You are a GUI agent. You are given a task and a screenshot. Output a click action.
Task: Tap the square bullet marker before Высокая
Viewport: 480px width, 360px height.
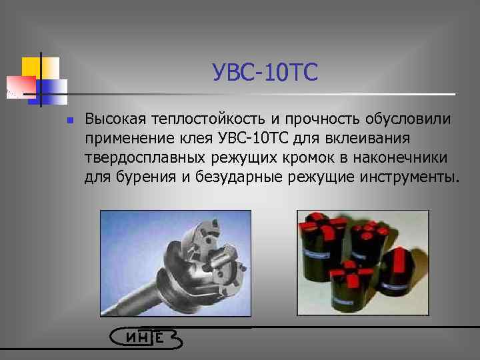tap(60, 121)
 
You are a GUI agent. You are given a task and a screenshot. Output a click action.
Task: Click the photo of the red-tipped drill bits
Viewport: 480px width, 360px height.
tap(363, 263)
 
